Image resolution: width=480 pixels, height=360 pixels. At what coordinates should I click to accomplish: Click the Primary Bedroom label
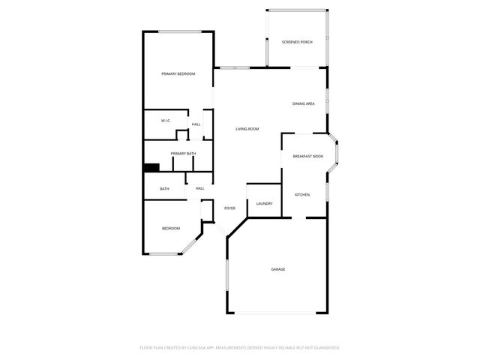point(178,73)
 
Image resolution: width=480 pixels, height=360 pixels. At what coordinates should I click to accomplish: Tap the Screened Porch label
point(297,42)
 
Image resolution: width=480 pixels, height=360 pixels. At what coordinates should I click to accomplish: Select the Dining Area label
point(303,103)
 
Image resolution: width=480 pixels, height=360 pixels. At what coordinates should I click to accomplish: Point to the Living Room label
point(247,129)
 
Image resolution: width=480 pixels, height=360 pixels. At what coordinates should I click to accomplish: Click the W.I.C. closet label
point(166,120)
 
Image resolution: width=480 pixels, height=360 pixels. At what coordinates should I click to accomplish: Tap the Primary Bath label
point(183,154)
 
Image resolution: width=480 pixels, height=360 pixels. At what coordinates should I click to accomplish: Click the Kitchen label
point(302,195)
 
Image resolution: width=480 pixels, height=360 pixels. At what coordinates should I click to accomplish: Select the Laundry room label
point(264,204)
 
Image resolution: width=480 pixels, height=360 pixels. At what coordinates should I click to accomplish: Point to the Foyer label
point(229,208)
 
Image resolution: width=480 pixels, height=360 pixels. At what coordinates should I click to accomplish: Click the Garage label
point(278,269)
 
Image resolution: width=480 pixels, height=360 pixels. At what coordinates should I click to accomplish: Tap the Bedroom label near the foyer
point(171,228)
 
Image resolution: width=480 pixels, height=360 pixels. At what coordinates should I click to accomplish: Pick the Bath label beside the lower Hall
point(164,189)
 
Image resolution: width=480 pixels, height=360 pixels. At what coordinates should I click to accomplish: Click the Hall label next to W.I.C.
point(196,124)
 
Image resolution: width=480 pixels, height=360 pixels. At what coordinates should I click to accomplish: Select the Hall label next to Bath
point(200,188)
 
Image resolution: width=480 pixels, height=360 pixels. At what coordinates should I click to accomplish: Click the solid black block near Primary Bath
point(151,169)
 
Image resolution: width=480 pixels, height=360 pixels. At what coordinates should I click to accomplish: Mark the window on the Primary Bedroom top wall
point(178,31)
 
